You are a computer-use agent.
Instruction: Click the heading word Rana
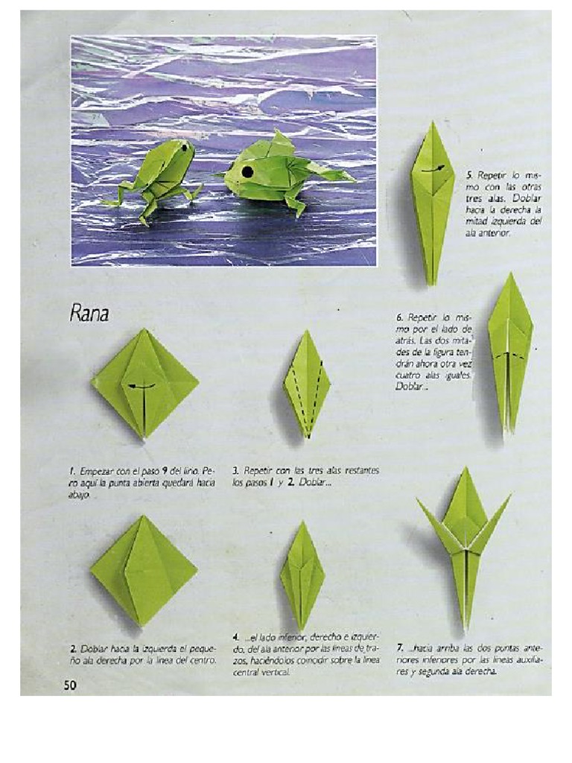pyautogui.click(x=89, y=314)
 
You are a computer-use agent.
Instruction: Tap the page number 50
pyautogui.click(x=69, y=685)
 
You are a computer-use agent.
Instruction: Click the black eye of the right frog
pyautogui.click(x=247, y=172)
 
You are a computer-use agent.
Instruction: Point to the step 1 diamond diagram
pyautogui.click(x=144, y=383)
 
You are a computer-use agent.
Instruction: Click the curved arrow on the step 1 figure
pyautogui.click(x=142, y=386)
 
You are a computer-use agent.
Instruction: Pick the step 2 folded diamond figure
pyautogui.click(x=144, y=569)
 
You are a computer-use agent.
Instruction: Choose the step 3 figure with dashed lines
pyautogui.click(x=306, y=384)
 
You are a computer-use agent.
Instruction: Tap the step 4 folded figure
pyautogui.click(x=302, y=574)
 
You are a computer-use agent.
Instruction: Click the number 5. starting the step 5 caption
pyautogui.click(x=469, y=174)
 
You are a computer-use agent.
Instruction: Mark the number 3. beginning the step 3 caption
pyautogui.click(x=235, y=471)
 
